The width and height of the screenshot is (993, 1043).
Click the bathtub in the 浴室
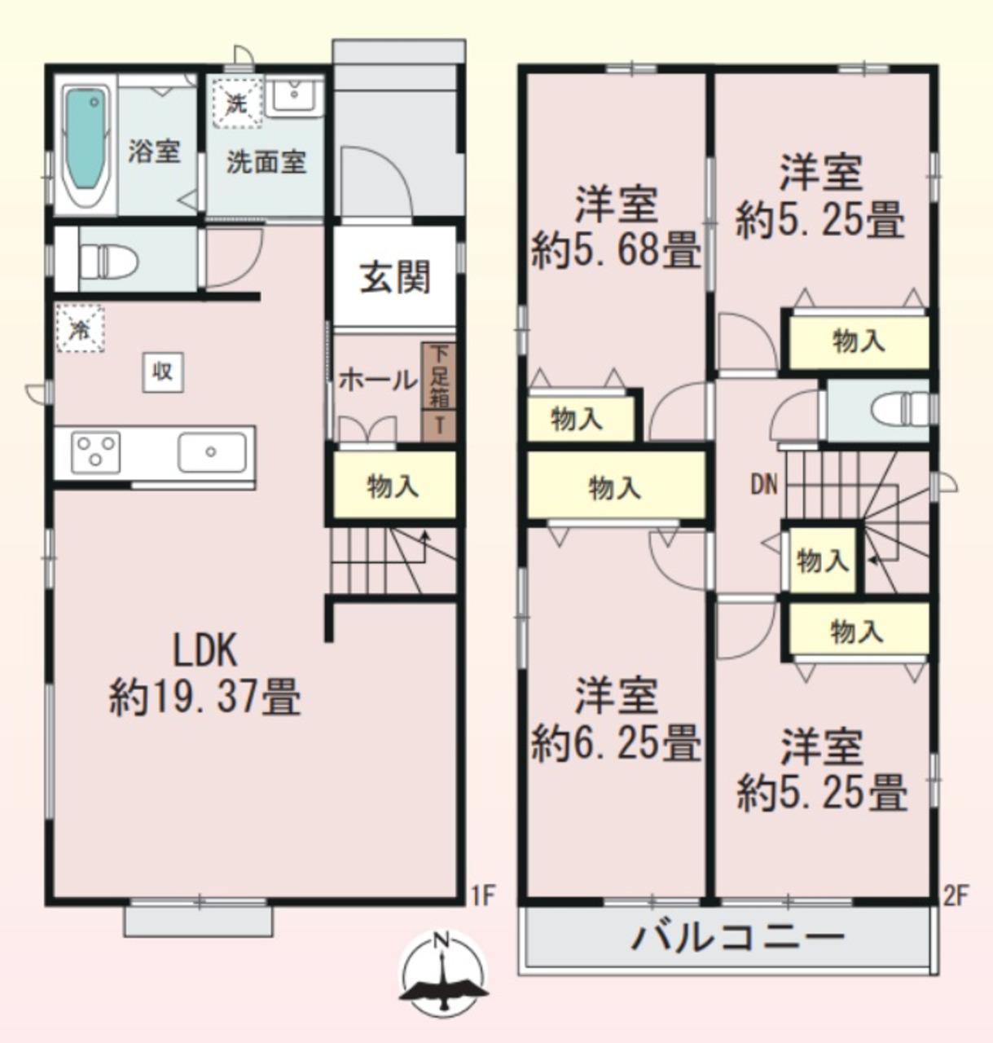click(85, 145)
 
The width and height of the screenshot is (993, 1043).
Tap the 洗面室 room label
click(267, 162)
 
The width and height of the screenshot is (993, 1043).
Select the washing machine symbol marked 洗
click(237, 102)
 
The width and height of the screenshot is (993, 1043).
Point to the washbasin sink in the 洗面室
click(294, 96)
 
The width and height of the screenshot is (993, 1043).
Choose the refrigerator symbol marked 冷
click(81, 328)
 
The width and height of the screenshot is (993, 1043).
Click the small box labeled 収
click(163, 372)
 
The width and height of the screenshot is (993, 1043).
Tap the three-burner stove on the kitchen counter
click(95, 452)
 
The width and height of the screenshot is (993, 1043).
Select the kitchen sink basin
click(212, 452)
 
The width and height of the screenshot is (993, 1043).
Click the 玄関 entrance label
click(395, 277)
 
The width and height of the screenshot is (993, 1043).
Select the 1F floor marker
click(483, 896)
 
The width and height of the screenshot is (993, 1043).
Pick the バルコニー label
click(738, 938)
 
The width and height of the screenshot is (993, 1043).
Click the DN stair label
click(764, 485)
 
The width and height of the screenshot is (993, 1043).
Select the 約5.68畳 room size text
click(616, 250)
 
